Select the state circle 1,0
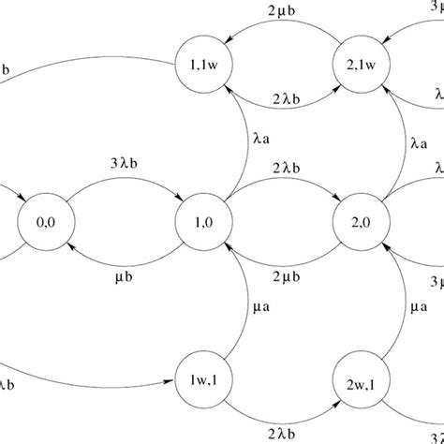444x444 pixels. click(203, 224)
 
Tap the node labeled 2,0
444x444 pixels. click(361, 224)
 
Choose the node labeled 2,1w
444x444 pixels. click(361, 66)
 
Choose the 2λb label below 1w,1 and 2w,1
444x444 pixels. click(282, 433)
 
